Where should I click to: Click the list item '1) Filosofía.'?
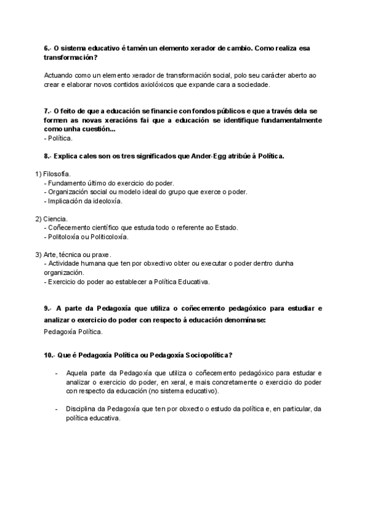(53, 174)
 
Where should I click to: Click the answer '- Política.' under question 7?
(58, 138)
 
